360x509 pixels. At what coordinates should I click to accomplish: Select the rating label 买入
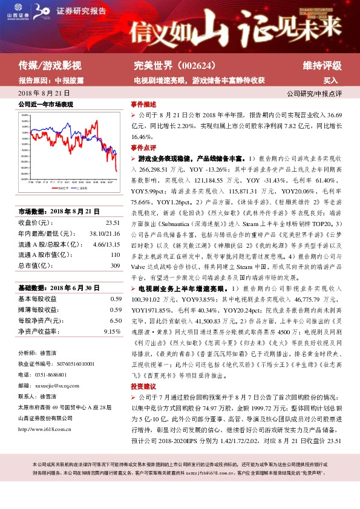(330, 80)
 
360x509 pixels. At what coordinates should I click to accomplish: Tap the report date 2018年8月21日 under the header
(44, 94)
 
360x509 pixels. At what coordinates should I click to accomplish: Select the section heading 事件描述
(143, 104)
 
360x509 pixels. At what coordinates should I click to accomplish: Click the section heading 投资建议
(143, 386)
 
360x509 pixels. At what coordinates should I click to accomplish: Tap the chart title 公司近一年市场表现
(46, 105)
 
